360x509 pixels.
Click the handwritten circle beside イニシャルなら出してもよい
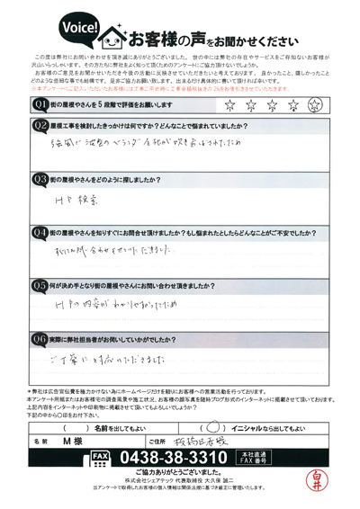[212, 427]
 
